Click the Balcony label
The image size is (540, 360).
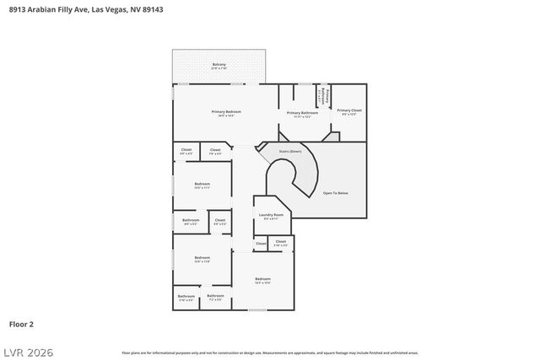(x=219, y=65)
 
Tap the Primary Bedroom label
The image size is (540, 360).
(x=226, y=112)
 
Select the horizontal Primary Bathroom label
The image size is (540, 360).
(x=302, y=113)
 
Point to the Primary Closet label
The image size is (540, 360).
(x=349, y=110)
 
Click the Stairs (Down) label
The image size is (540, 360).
(x=290, y=152)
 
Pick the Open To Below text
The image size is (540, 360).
(x=335, y=193)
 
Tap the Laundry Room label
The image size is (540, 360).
(x=271, y=215)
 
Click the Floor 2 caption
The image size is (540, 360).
(x=21, y=323)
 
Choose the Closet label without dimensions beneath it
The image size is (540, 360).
(x=261, y=244)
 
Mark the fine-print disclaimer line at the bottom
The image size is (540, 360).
(x=269, y=352)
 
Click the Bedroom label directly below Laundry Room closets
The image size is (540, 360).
(x=263, y=278)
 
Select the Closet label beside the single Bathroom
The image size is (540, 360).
(x=219, y=221)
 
